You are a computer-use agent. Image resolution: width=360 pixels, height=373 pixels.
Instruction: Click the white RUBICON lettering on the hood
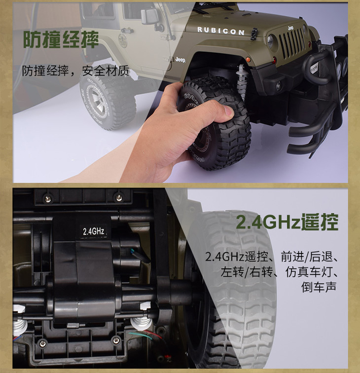point(220,31)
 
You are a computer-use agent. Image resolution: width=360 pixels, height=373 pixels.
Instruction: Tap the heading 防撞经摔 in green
point(61,40)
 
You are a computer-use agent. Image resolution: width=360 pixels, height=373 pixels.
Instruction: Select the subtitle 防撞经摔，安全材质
point(75,71)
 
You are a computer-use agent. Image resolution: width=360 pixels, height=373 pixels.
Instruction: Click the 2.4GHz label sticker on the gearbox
point(93,231)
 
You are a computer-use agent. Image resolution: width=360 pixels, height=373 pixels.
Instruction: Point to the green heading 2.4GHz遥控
point(287,222)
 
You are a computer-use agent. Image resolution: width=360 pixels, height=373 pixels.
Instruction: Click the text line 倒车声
point(319,287)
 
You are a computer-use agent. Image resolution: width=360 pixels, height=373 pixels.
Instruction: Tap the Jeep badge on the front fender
point(180,60)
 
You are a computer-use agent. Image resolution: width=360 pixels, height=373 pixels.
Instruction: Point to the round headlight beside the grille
point(271,41)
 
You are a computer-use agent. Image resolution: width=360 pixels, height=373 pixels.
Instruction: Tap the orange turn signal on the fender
point(249,59)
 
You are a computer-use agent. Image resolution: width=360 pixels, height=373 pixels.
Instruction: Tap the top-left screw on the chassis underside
point(47,197)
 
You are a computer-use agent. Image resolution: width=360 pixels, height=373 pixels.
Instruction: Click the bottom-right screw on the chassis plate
point(116,340)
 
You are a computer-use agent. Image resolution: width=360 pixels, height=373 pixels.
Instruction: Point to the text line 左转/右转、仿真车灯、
point(280,272)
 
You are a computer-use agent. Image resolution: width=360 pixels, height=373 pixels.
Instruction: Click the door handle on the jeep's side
point(127,30)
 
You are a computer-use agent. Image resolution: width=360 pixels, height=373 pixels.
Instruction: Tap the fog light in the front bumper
point(279,86)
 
